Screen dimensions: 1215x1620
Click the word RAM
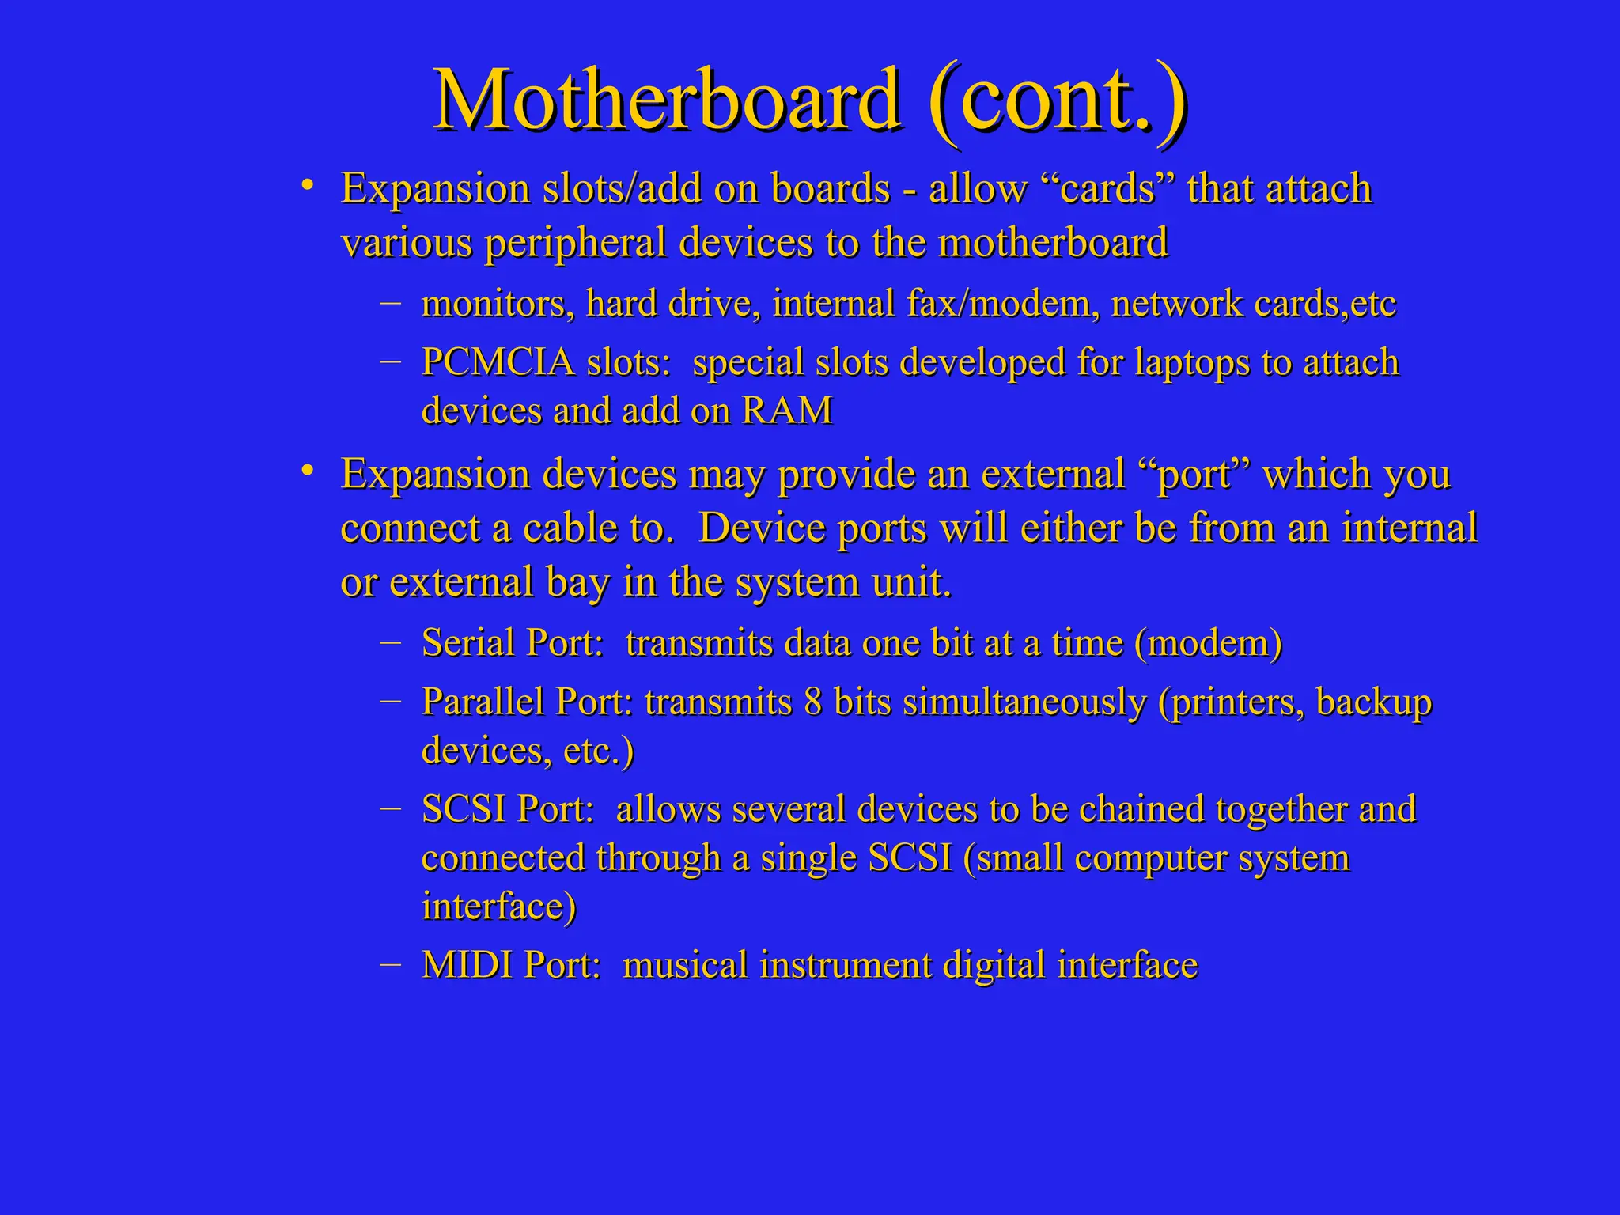point(786,411)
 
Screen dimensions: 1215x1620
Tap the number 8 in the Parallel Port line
point(812,702)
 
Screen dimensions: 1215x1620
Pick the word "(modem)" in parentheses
point(1208,642)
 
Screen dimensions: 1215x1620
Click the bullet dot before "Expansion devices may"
point(308,472)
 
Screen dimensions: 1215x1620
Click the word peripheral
point(576,243)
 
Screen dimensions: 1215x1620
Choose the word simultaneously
point(1024,702)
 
